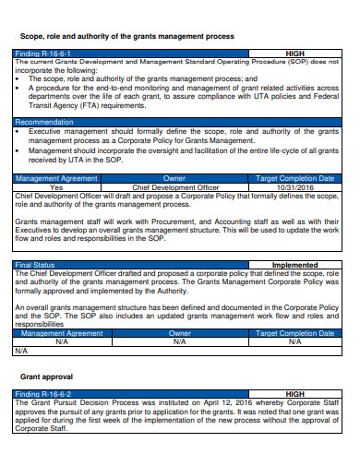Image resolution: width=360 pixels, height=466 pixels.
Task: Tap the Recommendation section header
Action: [x=45, y=122]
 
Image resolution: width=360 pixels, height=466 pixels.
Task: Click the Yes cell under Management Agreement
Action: [x=56, y=187]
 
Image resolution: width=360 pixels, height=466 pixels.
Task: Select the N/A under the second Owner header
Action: [x=179, y=341]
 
